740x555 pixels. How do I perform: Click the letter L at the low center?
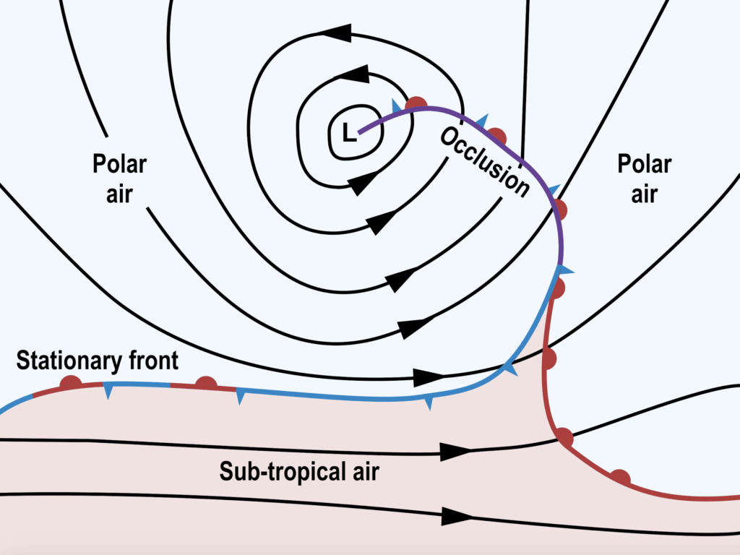pyautogui.click(x=349, y=132)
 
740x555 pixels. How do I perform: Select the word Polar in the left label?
pyautogui.click(x=119, y=164)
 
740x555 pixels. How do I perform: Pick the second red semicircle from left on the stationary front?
pyautogui.click(x=206, y=382)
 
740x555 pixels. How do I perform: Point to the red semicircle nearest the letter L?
pyautogui.click(x=416, y=104)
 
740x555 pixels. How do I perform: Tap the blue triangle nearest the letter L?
pyautogui.click(x=396, y=106)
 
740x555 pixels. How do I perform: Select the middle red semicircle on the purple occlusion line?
pyautogui.click(x=496, y=135)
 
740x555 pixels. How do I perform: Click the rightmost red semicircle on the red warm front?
pyautogui.click(x=619, y=477)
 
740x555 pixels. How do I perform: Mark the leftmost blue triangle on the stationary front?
pyautogui.click(x=108, y=391)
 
